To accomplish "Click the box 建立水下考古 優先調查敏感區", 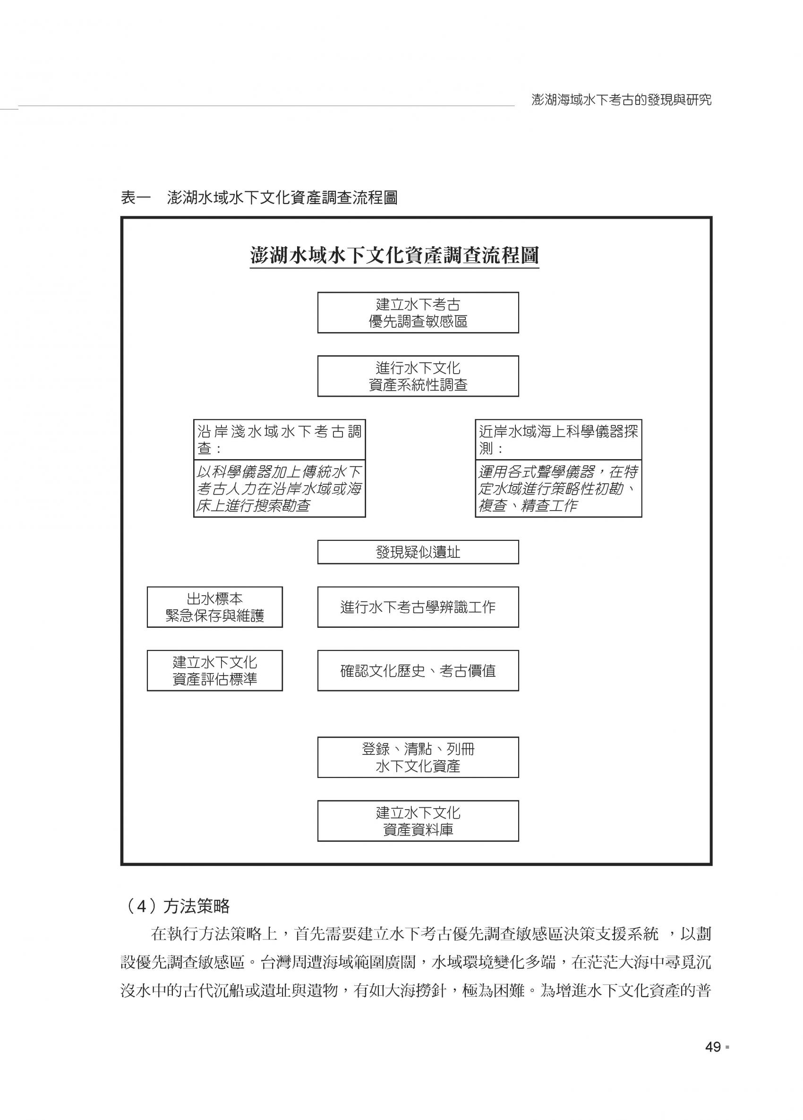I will [418, 313].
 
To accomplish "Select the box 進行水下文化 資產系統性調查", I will [418, 376].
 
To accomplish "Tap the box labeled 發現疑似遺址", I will [418, 552].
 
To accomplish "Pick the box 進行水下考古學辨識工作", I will [418, 607].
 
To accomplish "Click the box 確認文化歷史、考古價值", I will [418, 670].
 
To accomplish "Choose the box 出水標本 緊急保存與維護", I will [215, 607].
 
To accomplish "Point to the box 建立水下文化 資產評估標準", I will [215, 670].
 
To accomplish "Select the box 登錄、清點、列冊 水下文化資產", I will [418, 757].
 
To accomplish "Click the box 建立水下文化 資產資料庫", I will [418, 821].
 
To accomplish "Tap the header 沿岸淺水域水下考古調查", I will [279, 439].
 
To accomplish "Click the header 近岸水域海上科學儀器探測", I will [558, 439].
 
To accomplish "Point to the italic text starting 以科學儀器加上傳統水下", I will [279, 488].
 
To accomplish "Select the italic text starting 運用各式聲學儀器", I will [558, 488].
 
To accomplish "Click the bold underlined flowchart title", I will [394, 256].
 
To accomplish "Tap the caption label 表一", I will [135, 198].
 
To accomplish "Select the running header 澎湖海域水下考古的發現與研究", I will [621, 100].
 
